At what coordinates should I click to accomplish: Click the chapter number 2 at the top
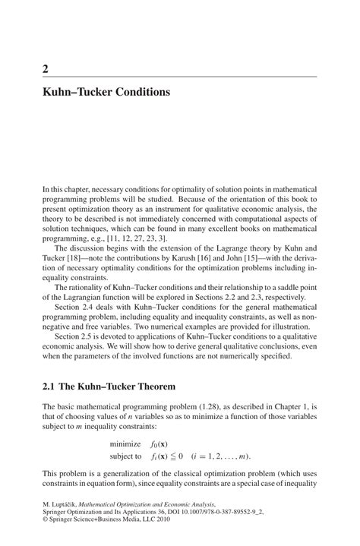tap(46, 69)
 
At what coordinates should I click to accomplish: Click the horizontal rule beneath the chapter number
tap(179, 77)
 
